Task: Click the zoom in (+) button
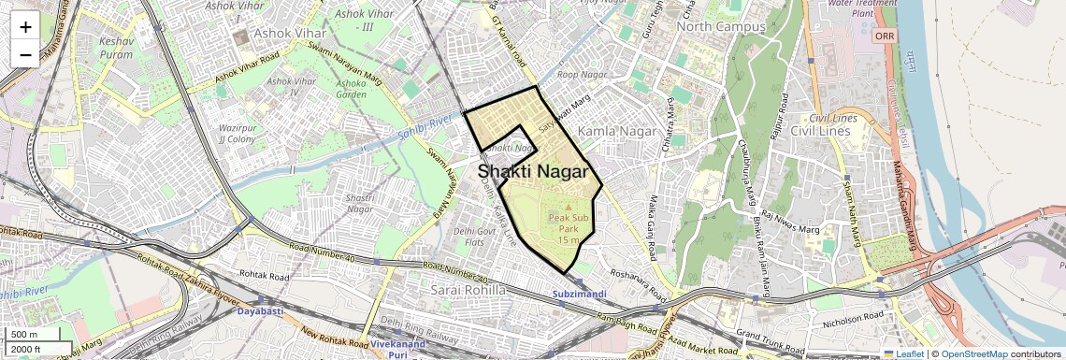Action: coord(25,26)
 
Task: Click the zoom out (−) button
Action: coord(25,54)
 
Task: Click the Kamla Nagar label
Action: coord(613,133)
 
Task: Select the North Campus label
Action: coord(721,27)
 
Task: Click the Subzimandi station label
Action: coord(580,295)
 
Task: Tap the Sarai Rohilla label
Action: coord(468,291)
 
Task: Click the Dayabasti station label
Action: coord(265,310)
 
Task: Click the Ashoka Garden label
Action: coord(351,90)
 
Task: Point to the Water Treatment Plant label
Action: coord(862,8)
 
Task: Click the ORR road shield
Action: coord(884,36)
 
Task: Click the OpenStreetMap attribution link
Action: coord(974,354)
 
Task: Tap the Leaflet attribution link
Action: coord(903,354)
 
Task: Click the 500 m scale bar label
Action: coord(24,335)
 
